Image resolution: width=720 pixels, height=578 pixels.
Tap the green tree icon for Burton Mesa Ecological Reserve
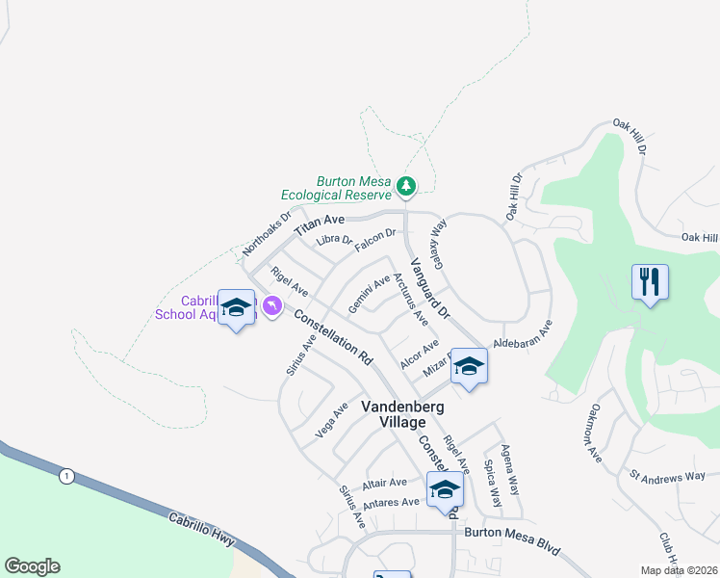pos(407,184)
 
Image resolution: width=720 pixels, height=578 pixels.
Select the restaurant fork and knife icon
pos(651,281)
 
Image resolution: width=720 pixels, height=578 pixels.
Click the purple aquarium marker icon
pos(272,305)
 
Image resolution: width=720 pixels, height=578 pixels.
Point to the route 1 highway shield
pos(65,476)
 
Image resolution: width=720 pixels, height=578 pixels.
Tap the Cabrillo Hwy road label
pos(203,528)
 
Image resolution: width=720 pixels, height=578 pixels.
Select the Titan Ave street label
pos(320,226)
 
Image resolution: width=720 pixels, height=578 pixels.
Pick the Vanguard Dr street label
pos(430,289)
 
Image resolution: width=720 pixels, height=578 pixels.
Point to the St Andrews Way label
pos(668,476)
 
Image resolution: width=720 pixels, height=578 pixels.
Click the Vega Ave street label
pos(332,421)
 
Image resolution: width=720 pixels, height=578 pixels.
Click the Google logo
pos(32,565)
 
